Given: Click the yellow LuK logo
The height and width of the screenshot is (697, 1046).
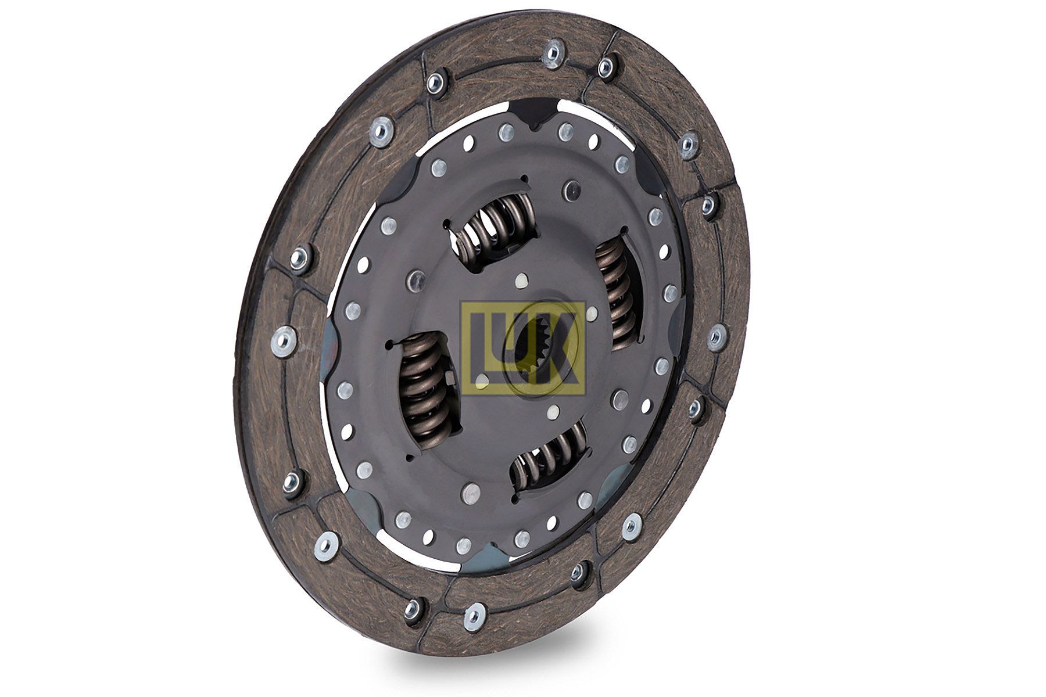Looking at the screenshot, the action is click(x=522, y=348).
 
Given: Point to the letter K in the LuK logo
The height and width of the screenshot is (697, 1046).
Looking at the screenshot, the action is click(x=558, y=348).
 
